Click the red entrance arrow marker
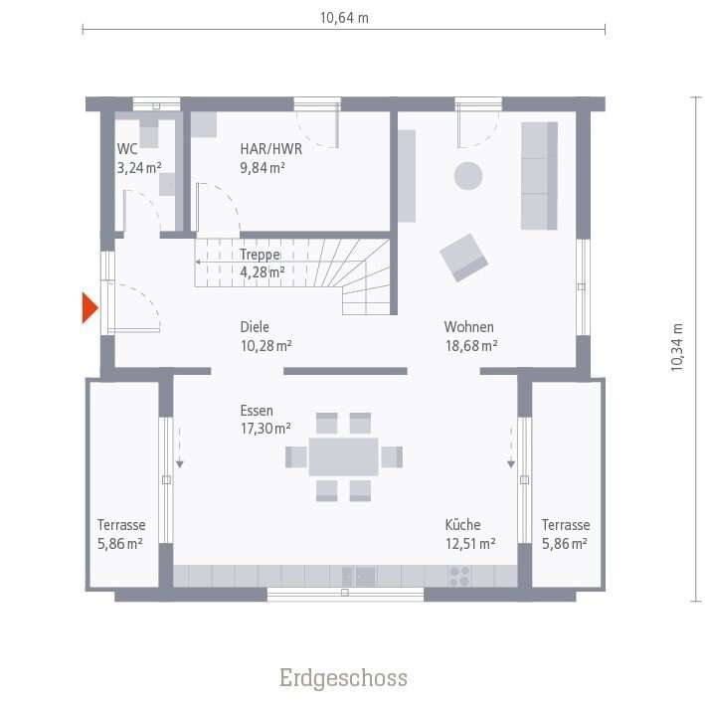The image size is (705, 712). click(x=89, y=308)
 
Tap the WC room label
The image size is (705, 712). click(x=127, y=149)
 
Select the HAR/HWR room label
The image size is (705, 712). click(x=270, y=149)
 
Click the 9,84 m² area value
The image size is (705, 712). click(x=263, y=168)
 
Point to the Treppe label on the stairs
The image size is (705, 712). click(x=260, y=254)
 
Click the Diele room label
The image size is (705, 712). click(x=255, y=327)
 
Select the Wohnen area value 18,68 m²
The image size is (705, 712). click(x=471, y=346)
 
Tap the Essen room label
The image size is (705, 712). click(x=257, y=410)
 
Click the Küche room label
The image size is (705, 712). click(x=463, y=524)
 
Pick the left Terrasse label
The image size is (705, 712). click(x=121, y=525)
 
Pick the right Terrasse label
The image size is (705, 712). click(x=566, y=525)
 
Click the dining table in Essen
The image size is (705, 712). click(x=343, y=456)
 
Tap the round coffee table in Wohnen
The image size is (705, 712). click(x=468, y=176)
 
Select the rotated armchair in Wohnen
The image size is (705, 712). click(x=464, y=256)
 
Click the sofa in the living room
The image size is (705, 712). click(x=539, y=176)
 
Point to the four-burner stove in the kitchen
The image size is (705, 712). click(x=459, y=576)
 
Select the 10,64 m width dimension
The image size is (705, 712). click(x=343, y=17)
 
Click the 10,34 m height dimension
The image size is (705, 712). click(x=678, y=348)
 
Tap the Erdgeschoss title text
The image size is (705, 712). click(x=343, y=678)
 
